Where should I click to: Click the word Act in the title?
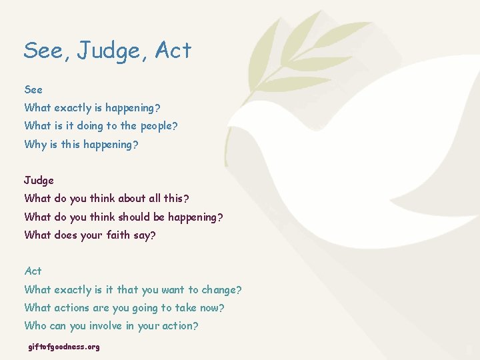click(173, 51)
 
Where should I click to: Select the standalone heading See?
click(33, 89)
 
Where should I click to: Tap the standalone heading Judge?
click(39, 180)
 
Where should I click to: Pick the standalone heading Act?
click(33, 271)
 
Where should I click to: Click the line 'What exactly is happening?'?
click(92, 107)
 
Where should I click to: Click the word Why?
click(35, 144)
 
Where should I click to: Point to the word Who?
click(35, 326)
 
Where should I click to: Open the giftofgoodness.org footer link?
click(64, 347)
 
